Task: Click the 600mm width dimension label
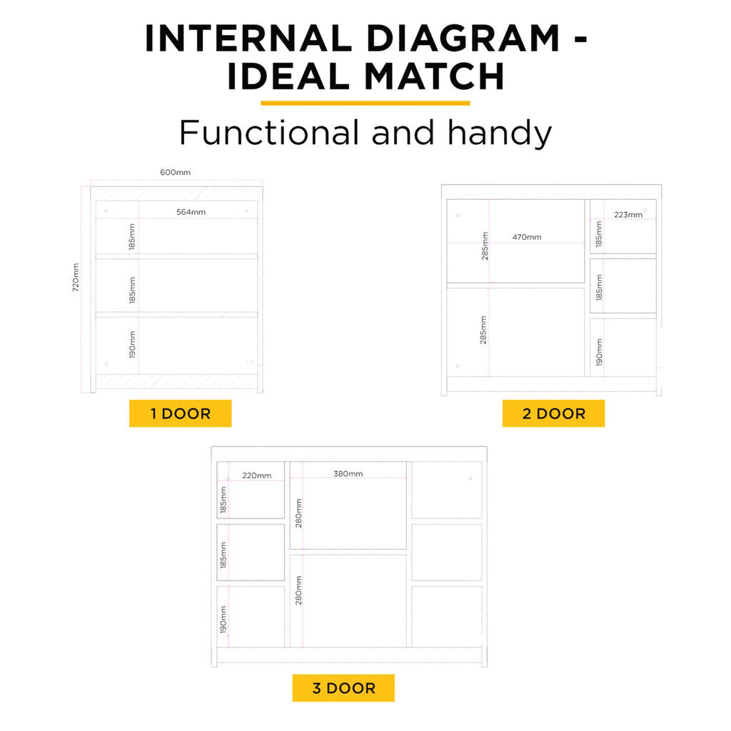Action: tap(176, 173)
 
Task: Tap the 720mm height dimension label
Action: tap(76, 278)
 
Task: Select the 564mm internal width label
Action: tap(191, 212)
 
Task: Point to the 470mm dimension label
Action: tap(527, 237)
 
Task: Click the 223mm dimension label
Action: tap(628, 214)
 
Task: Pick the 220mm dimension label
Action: tap(256, 475)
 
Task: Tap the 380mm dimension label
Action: tap(348, 474)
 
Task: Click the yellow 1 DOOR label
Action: tap(181, 413)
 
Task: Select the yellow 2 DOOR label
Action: tap(553, 413)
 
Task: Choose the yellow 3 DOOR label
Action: tap(343, 688)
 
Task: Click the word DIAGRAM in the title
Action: tap(463, 39)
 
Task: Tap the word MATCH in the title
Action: tap(434, 76)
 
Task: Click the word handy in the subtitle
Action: tap(500, 133)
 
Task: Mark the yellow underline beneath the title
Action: tap(365, 104)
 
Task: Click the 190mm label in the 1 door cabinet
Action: tap(132, 345)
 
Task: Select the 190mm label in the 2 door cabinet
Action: tap(599, 352)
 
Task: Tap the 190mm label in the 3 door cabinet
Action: tap(223, 620)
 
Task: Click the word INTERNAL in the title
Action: tap(248, 39)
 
